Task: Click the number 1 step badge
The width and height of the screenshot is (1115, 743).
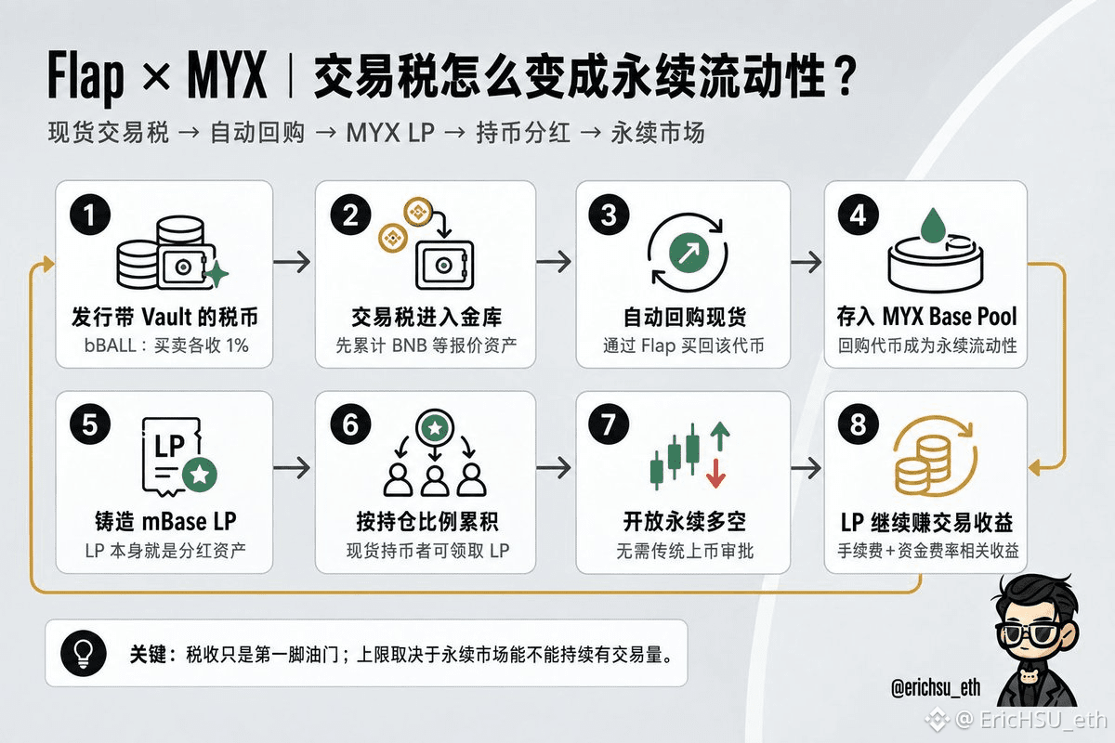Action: [90, 215]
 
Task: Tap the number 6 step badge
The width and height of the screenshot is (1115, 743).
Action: [350, 424]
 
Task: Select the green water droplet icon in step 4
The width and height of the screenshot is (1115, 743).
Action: [933, 226]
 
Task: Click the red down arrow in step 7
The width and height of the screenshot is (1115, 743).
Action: [715, 474]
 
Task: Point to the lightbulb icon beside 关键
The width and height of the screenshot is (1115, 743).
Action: [84, 654]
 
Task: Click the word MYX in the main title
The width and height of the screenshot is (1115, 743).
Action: [227, 75]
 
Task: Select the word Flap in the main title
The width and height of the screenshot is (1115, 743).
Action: [85, 78]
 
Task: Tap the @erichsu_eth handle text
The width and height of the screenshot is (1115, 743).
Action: [936, 688]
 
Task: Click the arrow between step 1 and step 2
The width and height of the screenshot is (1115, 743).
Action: [292, 261]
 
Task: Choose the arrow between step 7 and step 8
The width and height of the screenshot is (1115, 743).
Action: [806, 468]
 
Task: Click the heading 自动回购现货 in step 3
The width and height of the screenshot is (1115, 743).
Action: [685, 317]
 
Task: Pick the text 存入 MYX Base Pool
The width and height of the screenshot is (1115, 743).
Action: [926, 317]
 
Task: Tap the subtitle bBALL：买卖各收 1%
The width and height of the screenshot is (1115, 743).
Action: [166, 345]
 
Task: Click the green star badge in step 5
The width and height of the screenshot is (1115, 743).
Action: [200, 475]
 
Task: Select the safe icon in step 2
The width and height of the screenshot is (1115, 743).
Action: [444, 266]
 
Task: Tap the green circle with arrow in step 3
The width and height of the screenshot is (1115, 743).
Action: [689, 253]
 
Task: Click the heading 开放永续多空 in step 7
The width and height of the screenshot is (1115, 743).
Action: [685, 522]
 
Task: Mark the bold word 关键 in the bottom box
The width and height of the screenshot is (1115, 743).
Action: [148, 655]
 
